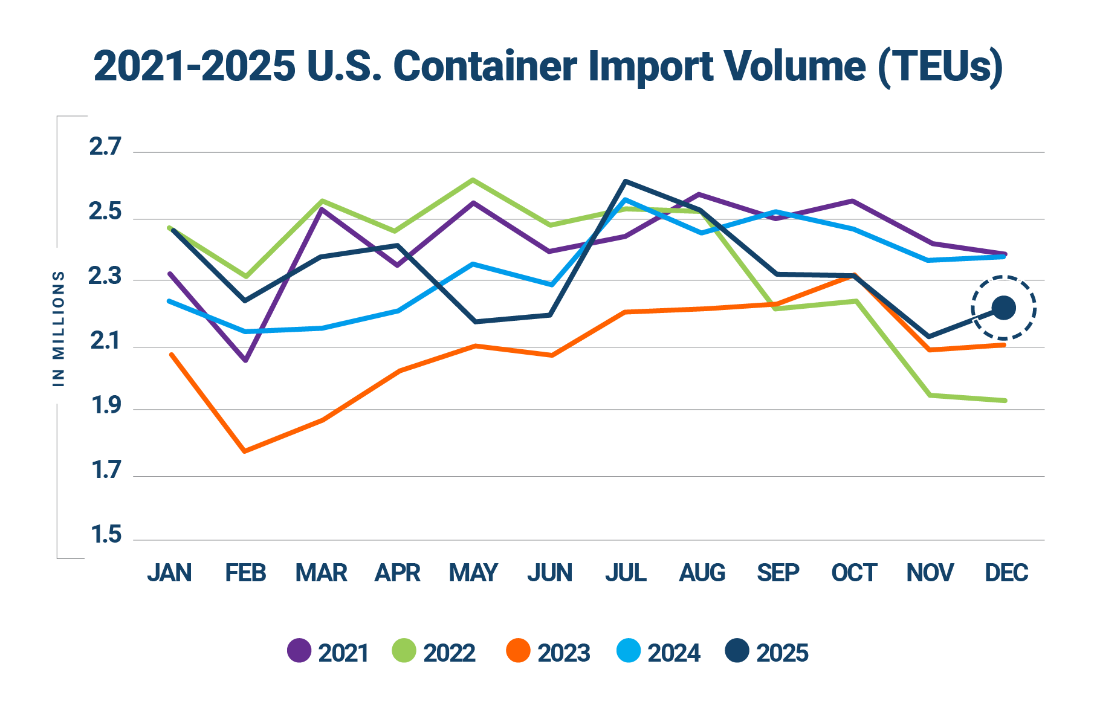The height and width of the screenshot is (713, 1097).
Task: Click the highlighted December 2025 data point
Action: pos(1004,308)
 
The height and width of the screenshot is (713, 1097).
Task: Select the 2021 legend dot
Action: pos(299,651)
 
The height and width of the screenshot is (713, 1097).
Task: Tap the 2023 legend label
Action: pos(563,653)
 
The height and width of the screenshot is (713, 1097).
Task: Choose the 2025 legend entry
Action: pos(768,652)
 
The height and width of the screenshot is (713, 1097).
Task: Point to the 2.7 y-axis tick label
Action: pos(105,147)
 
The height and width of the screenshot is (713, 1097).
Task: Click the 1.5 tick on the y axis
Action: pos(105,535)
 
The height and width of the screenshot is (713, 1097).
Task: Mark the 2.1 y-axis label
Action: pos(105,342)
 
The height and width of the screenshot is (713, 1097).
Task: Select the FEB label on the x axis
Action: pos(245,572)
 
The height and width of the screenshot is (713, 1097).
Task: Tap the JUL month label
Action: pos(626,572)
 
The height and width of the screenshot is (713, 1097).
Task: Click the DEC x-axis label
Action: pos(1006,572)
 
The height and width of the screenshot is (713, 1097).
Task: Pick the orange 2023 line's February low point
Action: pos(245,451)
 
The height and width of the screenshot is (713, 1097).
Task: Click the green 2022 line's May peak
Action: pos(473,179)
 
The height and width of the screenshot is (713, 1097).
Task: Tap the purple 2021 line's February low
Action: pos(246,361)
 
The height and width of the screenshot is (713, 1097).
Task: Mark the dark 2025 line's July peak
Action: pos(626,181)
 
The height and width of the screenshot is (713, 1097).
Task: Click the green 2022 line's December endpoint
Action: pos(1005,401)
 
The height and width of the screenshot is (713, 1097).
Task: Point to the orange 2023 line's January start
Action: pos(172,355)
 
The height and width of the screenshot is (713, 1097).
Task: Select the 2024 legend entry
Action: pos(659,652)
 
